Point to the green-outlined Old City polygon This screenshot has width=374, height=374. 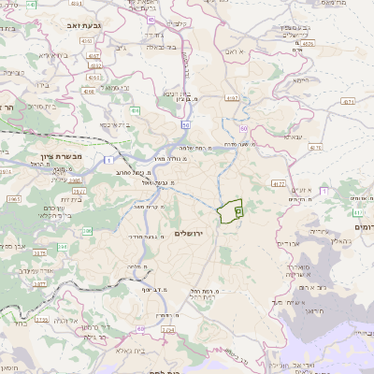[x=229, y=212]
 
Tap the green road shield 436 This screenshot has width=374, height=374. [x=135, y=111]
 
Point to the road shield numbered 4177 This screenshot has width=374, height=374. [x=280, y=184]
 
